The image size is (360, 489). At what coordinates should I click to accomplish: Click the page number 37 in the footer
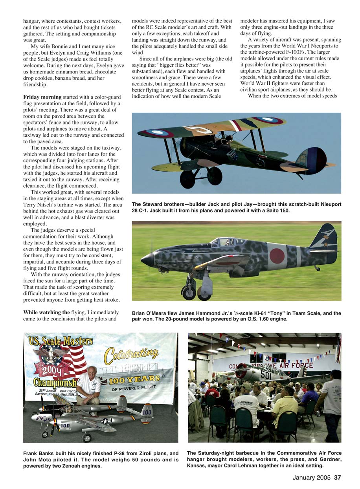(337, 478)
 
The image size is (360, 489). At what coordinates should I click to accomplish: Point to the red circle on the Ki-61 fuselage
(277, 256)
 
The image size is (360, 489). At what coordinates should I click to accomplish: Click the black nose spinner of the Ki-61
(147, 260)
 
